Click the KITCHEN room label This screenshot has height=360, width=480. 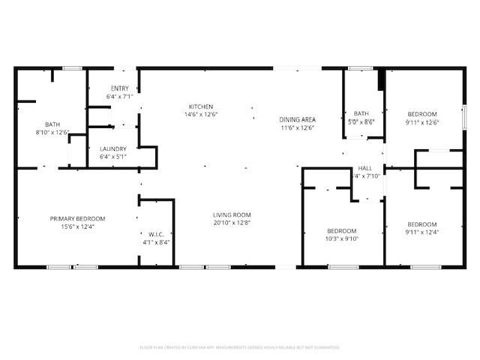(x=201, y=106)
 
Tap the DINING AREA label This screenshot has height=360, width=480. (x=297, y=120)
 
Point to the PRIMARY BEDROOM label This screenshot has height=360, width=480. (x=77, y=218)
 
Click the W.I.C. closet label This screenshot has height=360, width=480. (x=156, y=234)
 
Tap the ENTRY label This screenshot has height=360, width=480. (x=120, y=88)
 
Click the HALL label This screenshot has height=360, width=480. (x=365, y=168)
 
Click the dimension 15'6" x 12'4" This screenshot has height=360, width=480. (x=77, y=226)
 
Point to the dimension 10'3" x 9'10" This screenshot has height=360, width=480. (x=342, y=239)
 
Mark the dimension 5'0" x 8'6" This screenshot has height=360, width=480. (x=362, y=121)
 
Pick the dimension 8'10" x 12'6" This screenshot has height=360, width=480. (x=52, y=133)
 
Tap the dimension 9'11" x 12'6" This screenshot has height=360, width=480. (x=422, y=122)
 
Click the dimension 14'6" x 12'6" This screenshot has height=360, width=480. (x=201, y=115)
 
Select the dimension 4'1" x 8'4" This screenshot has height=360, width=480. (x=156, y=242)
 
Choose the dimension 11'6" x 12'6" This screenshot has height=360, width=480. (x=297, y=128)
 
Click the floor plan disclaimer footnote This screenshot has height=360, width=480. (x=240, y=347)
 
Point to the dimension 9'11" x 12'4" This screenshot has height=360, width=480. (x=421, y=232)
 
